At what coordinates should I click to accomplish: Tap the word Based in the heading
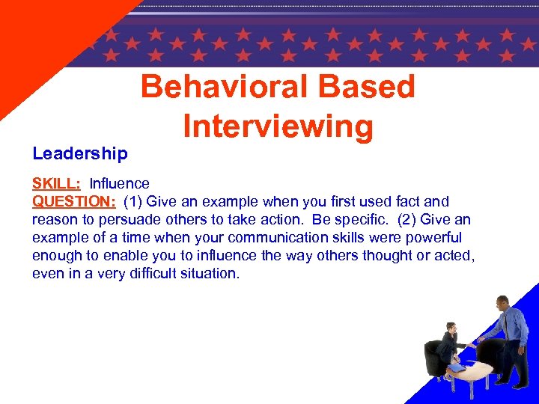(367, 88)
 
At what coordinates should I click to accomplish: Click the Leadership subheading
(80, 154)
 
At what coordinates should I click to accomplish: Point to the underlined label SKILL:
(56, 184)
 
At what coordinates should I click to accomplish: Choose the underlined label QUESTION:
(73, 202)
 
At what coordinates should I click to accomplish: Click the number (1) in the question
(135, 202)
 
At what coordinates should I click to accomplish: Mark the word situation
(212, 274)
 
